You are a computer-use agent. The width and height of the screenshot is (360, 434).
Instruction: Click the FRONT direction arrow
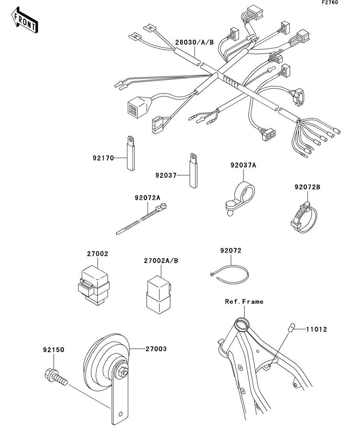[24, 20]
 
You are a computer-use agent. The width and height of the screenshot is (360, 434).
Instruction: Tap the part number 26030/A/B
[194, 42]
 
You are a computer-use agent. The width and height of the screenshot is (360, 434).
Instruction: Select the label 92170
[103, 158]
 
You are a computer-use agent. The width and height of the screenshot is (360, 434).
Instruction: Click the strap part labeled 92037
[193, 171]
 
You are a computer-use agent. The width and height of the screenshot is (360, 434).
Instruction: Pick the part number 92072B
[307, 187]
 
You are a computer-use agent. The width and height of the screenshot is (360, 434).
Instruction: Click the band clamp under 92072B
[304, 218]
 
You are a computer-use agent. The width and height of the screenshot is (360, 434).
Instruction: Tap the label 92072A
[147, 198]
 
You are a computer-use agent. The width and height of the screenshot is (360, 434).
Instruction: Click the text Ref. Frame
[244, 301]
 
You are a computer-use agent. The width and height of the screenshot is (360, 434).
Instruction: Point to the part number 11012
[317, 329]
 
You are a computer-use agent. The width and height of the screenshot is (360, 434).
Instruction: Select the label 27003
[156, 349]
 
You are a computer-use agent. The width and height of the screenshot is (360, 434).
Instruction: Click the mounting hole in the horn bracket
[120, 414]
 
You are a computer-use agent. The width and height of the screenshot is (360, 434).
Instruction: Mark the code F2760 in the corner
[330, 2]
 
